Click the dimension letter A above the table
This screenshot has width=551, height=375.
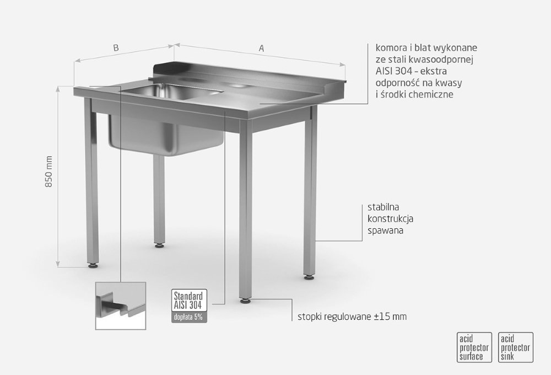(261, 48)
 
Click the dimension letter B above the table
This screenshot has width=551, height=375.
(116, 47)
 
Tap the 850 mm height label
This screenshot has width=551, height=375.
(49, 172)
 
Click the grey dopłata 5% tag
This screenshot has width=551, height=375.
(188, 317)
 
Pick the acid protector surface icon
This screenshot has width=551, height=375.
(474, 347)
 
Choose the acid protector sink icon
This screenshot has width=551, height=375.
(516, 347)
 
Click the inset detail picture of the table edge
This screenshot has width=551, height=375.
(121, 306)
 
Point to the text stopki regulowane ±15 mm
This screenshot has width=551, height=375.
(352, 317)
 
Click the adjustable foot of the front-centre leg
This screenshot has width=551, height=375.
(245, 301)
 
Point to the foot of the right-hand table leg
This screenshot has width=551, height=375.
(309, 277)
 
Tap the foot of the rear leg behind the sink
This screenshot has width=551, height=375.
(160, 245)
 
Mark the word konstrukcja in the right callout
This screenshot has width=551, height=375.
(391, 219)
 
